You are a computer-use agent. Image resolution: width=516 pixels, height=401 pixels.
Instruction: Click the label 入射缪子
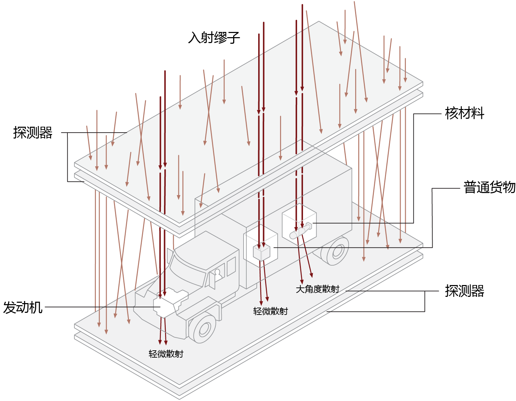click(x=214, y=37)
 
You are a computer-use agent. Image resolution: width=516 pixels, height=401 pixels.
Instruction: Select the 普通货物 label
click(x=489, y=187)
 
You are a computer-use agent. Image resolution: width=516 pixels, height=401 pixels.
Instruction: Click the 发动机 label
click(x=23, y=308)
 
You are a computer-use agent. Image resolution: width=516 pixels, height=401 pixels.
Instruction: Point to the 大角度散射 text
click(x=318, y=289)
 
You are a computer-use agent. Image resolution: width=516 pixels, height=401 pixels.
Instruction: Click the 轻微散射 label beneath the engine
click(x=166, y=354)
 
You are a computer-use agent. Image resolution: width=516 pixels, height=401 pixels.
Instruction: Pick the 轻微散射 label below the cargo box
click(x=270, y=311)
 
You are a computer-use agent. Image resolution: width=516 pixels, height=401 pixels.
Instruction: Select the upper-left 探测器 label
click(x=33, y=132)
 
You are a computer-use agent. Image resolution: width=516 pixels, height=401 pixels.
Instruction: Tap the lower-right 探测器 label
click(x=465, y=291)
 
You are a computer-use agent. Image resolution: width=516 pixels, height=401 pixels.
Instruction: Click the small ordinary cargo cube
click(x=261, y=252)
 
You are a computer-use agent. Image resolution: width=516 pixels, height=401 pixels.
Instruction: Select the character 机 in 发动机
click(x=36, y=308)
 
